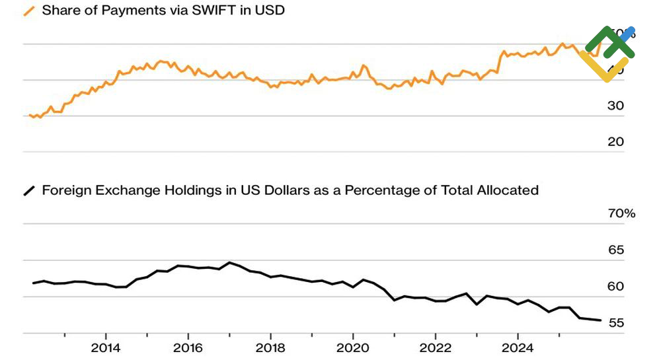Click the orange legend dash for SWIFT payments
pyautogui.click(x=30, y=11)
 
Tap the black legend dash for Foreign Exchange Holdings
pyautogui.click(x=30, y=191)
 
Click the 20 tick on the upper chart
pyautogui.click(x=616, y=141)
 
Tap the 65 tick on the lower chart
pyautogui.click(x=616, y=250)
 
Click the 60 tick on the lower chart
pyautogui.click(x=616, y=286)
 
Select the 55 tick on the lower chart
pyautogui.click(x=616, y=322)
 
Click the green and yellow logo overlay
pyautogui.click(x=607, y=53)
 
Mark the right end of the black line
pyautogui.click(x=600, y=320)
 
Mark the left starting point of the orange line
pyautogui.click(x=30, y=115)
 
